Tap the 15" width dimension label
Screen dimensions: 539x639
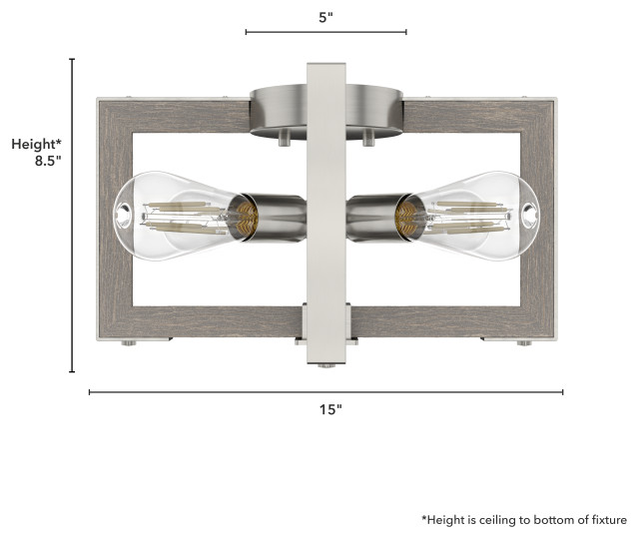[331, 409]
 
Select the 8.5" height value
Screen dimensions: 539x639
[48, 160]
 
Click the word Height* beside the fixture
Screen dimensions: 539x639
[37, 144]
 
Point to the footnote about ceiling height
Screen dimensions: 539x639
[523, 520]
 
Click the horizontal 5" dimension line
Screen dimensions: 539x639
[325, 33]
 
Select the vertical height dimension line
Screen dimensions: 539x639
[72, 215]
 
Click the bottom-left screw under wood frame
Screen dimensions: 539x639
[128, 343]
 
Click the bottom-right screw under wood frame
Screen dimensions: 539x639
[522, 343]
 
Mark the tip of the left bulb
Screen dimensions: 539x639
[122, 212]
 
